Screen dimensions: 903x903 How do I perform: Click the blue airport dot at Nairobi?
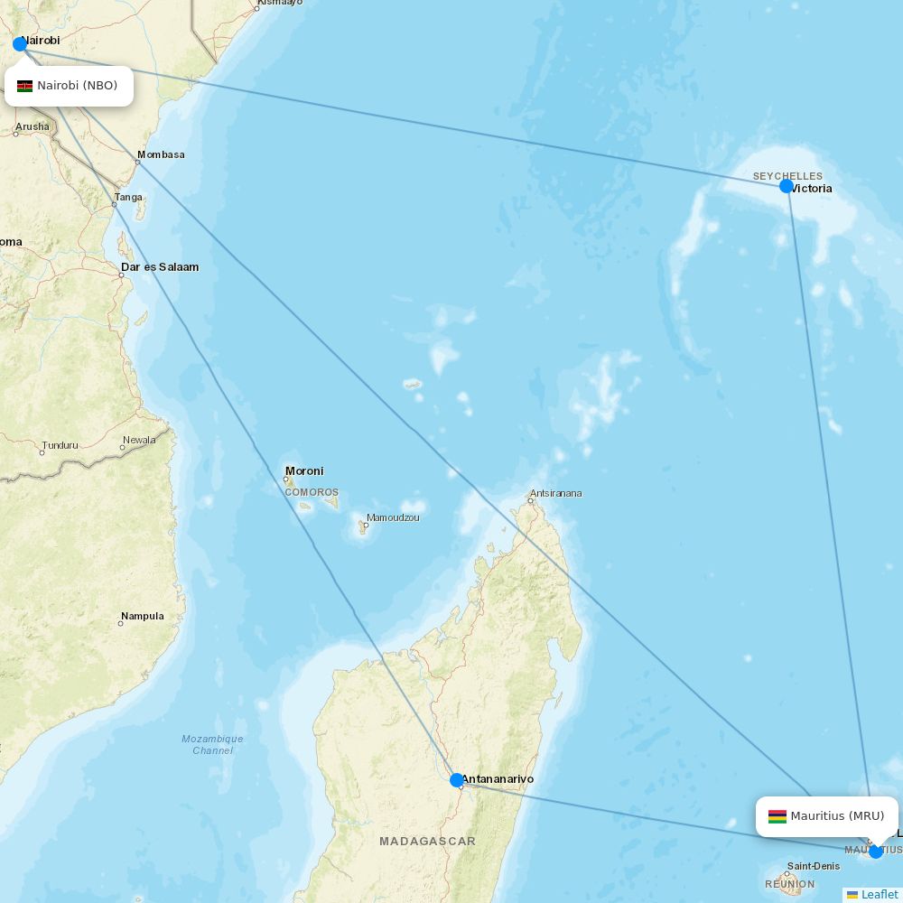20,44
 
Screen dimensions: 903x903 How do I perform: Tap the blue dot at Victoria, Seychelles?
787,186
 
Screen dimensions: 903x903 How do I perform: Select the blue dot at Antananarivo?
457,780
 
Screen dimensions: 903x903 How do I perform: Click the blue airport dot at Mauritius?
875,851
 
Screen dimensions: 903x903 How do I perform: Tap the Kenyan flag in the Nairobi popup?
24,86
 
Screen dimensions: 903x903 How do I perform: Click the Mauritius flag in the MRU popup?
777,816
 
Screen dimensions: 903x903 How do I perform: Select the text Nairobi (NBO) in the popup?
78,86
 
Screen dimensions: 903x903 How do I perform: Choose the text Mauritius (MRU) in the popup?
837,816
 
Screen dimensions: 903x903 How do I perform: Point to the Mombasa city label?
162,154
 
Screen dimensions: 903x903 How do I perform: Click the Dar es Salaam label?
160,267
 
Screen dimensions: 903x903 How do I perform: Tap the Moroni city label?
304,470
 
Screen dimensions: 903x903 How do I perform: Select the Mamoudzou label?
393,517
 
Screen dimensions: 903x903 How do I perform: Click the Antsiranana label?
556,493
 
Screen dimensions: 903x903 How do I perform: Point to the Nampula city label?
143,616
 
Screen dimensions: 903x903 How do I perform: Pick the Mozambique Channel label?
212,744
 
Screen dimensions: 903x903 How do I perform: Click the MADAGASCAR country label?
427,841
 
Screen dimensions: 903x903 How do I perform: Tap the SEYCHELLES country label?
787,176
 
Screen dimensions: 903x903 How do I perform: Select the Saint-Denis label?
814,867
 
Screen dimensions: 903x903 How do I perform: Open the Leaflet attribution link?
879,894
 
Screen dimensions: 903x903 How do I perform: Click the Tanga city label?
128,197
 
